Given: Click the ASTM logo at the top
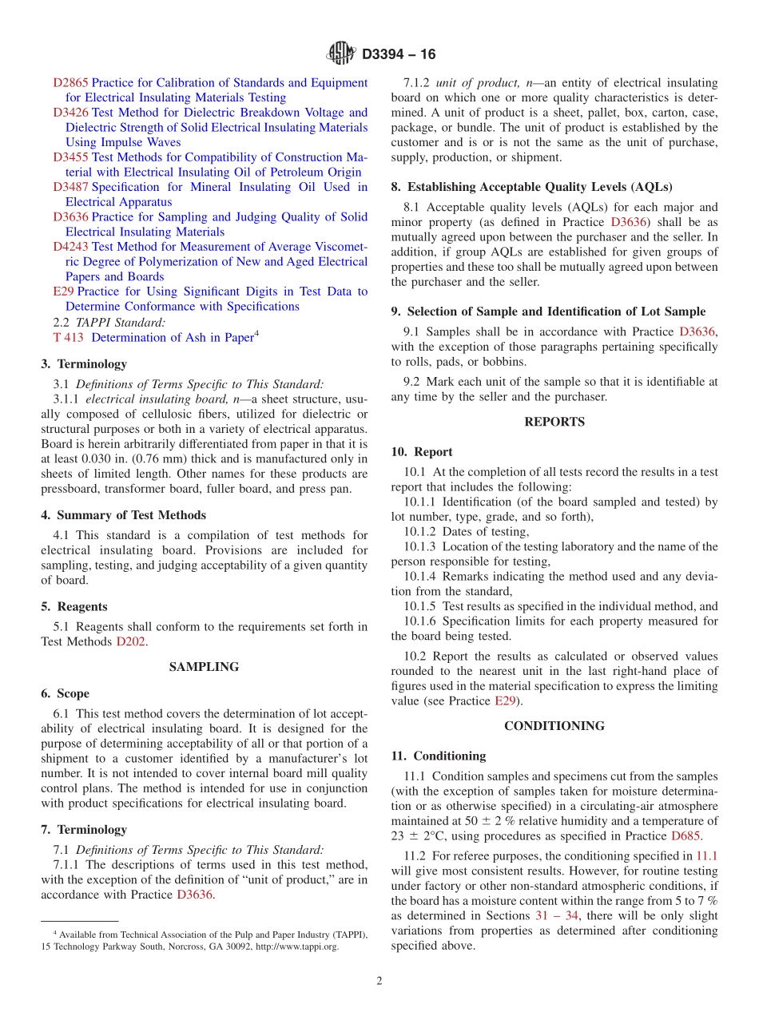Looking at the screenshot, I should pos(341,54).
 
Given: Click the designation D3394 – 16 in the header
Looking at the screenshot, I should pos(399,55).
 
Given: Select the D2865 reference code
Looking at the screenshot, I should pos(70,82).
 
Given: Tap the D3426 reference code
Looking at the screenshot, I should pos(70,113).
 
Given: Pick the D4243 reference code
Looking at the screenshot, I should pos(70,247).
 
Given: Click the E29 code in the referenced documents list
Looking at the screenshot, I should pos(63,292).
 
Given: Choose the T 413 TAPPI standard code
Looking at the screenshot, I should pos(68,337).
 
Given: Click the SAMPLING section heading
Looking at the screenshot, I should pos(204,667).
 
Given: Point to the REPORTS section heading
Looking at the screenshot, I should pos(554,422).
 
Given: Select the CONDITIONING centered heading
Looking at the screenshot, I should pos(554,726).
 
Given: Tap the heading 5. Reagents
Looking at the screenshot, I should pos(74,607).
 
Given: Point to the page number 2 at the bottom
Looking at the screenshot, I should pos(379,981).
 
